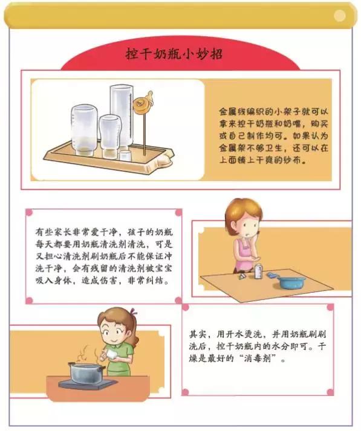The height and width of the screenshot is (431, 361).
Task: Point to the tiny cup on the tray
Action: click(x=125, y=156)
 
